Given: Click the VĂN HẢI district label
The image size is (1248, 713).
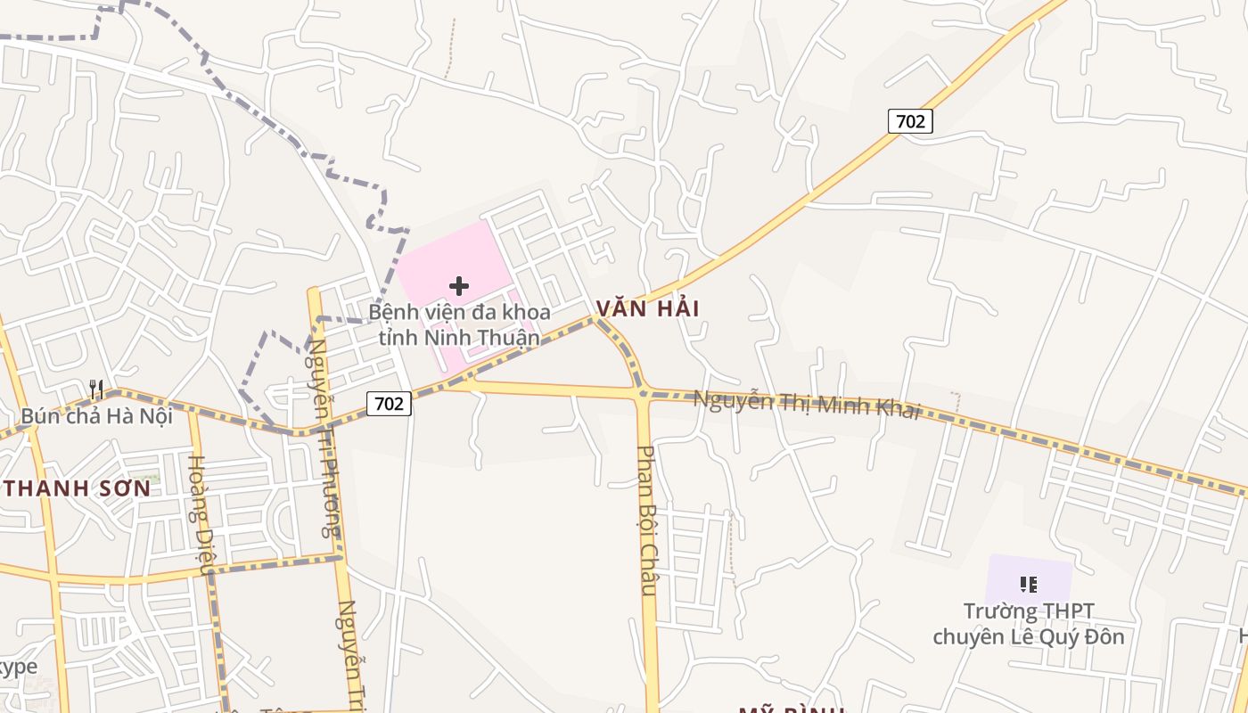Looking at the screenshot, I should click(648, 308).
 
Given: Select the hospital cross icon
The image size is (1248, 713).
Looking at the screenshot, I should click(459, 286).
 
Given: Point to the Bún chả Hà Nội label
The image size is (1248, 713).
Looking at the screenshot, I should click(96, 416).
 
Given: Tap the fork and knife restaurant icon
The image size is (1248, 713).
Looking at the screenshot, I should click(96, 389).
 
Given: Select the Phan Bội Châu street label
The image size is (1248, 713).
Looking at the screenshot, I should click(648, 520).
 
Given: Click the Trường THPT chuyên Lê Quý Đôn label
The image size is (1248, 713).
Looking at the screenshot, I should click(1028, 624).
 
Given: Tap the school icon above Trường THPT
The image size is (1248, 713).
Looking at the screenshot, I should click(1029, 585).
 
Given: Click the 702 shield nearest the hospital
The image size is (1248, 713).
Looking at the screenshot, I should click(389, 404).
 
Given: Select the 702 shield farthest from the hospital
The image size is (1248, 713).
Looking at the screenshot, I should click(910, 121).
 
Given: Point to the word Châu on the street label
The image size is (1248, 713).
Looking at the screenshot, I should click(648, 572).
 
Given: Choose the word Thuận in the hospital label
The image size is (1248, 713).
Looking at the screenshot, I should click(507, 338).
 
